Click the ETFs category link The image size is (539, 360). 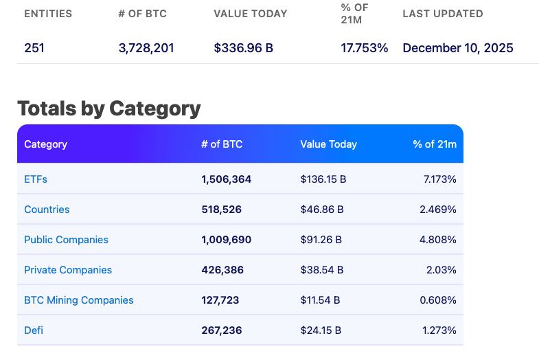(x=36, y=179)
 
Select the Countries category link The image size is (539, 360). (x=47, y=210)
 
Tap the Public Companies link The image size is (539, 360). (x=66, y=240)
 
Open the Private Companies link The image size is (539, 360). (x=68, y=270)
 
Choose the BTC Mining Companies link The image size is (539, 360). (x=79, y=300)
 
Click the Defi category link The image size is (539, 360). (x=34, y=330)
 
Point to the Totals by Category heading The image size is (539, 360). (x=108, y=109)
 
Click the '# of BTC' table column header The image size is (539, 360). (x=222, y=144)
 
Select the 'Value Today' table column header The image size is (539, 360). (x=328, y=144)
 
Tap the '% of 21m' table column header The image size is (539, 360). (x=435, y=144)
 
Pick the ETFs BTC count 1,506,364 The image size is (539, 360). (x=227, y=179)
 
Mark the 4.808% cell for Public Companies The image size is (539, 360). (x=438, y=240)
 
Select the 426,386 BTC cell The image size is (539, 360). (x=222, y=270)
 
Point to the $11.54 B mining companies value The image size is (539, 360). (x=320, y=300)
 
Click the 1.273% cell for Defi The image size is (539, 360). (x=439, y=330)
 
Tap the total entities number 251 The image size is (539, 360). (x=34, y=48)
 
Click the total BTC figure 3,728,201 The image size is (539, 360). (x=146, y=48)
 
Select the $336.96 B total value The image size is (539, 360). (x=244, y=48)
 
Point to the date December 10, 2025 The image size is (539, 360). (x=458, y=48)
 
